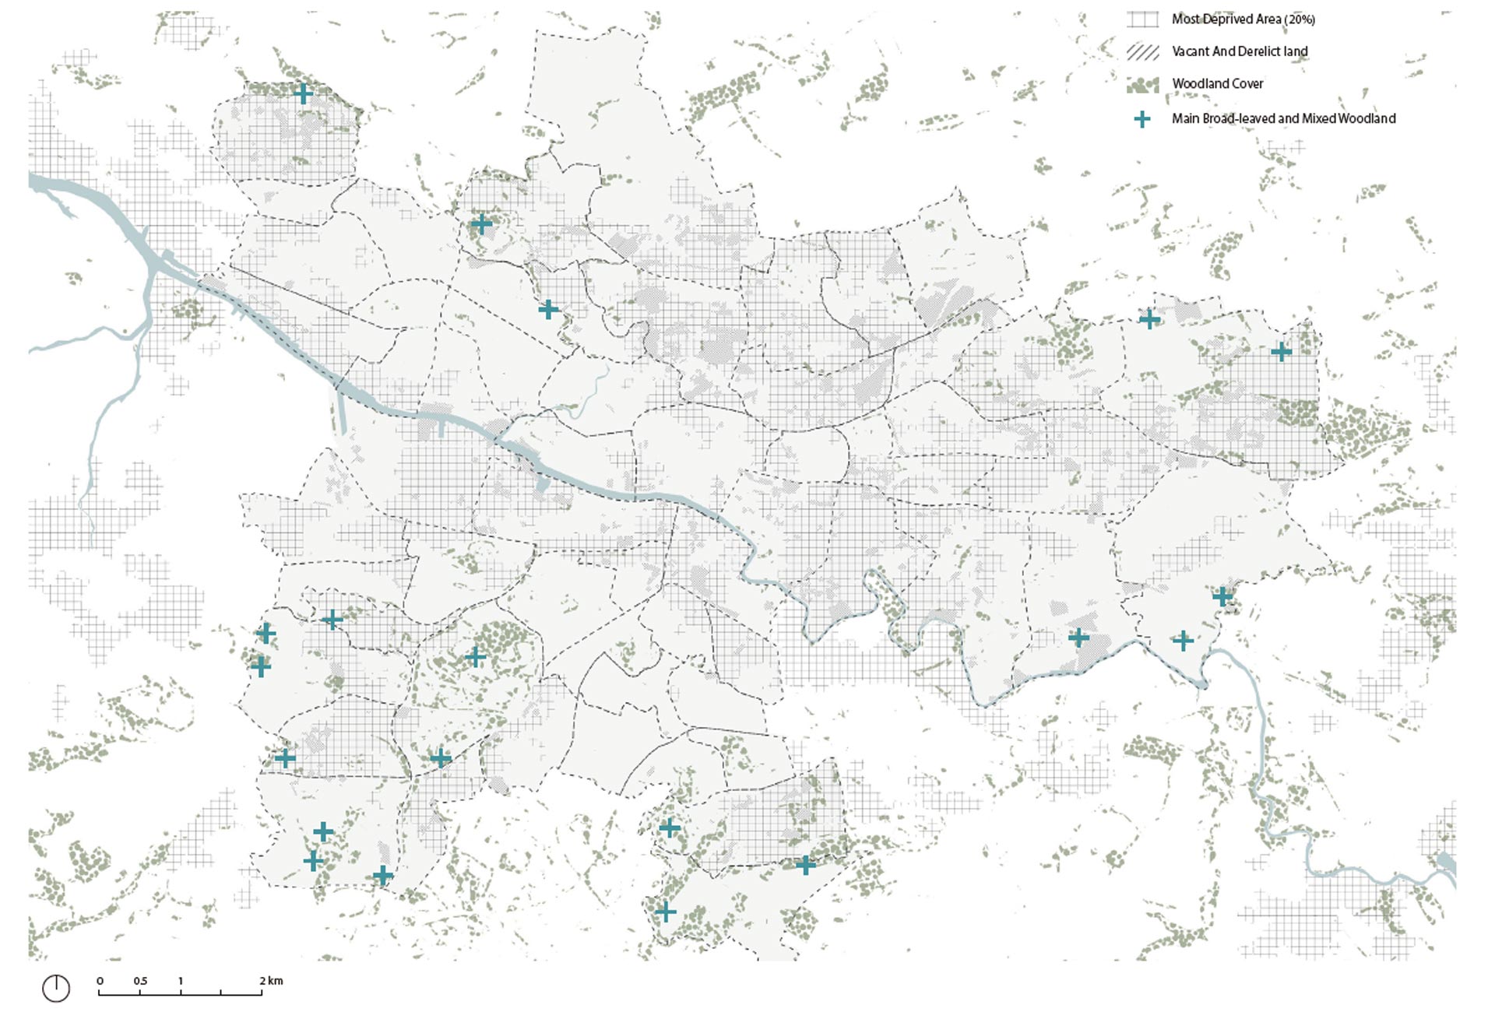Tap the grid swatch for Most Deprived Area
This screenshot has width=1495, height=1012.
pos(1142,19)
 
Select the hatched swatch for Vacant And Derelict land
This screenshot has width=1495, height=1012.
pos(1142,52)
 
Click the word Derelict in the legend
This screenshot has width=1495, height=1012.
pos(1261,51)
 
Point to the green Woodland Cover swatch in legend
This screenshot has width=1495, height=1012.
pos(1142,85)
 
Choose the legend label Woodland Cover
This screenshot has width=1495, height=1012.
pos(1217,84)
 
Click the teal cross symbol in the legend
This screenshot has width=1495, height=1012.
pos(1141,119)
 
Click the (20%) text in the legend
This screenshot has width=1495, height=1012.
pos(1300,19)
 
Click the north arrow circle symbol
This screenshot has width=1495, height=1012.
pos(56,988)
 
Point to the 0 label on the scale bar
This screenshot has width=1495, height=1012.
pos(100,981)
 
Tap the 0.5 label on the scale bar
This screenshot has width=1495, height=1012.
pos(140,981)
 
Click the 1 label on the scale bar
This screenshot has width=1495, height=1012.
pos(181,981)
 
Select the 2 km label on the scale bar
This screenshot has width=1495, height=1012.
pos(271,981)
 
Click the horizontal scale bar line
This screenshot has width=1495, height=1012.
pos(180,994)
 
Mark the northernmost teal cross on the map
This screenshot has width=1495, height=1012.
pos(303,94)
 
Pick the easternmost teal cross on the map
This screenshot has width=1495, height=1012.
pos(1281,351)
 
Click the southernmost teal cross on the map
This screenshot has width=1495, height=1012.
pos(665,912)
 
